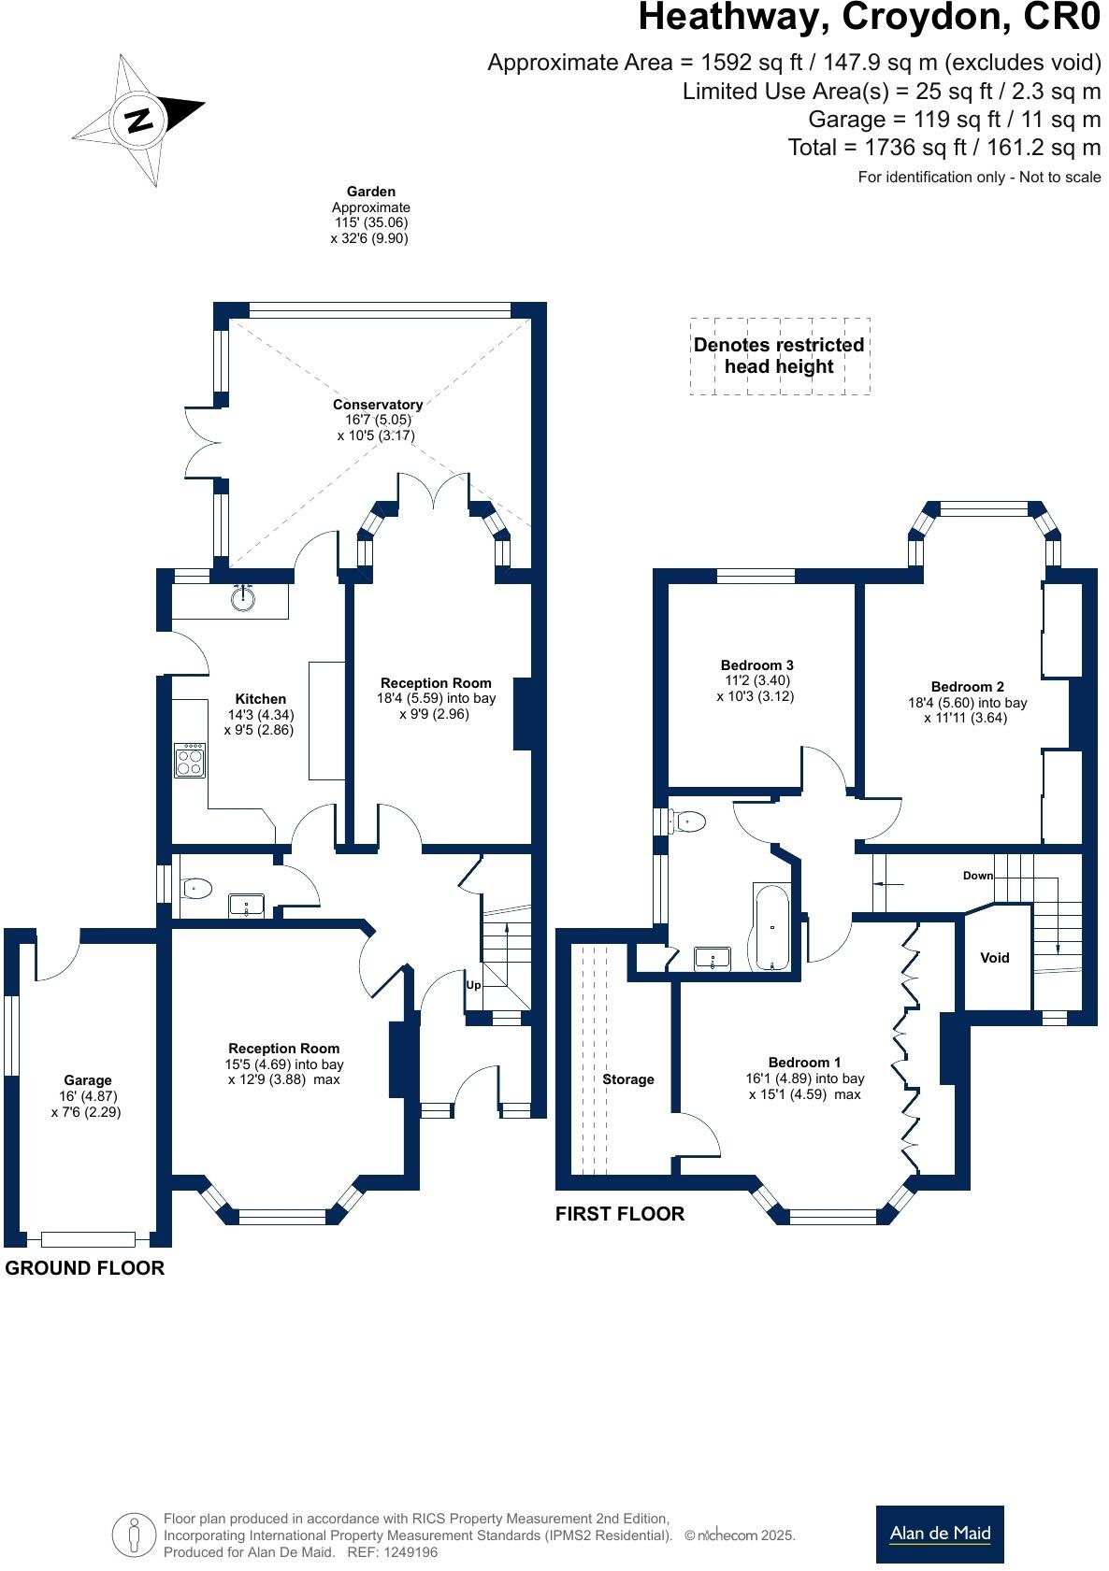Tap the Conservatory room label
[x=378, y=405]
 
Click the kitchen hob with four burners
[x=190, y=760]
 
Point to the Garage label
[x=88, y=1079]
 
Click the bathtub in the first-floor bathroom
[x=771, y=927]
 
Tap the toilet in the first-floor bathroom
[x=688, y=821]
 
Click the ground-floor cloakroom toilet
[x=196, y=888]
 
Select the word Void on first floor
[x=995, y=957]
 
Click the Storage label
[x=628, y=1079]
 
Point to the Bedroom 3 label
[x=756, y=665]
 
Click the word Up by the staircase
[x=474, y=985]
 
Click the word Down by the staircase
[x=978, y=876]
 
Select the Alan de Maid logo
[x=940, y=1534]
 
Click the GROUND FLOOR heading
[x=85, y=1268]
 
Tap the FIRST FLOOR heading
[x=620, y=1214]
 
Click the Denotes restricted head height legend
[x=779, y=356]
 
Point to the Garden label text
[x=371, y=192]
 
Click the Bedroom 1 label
[x=804, y=1062]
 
